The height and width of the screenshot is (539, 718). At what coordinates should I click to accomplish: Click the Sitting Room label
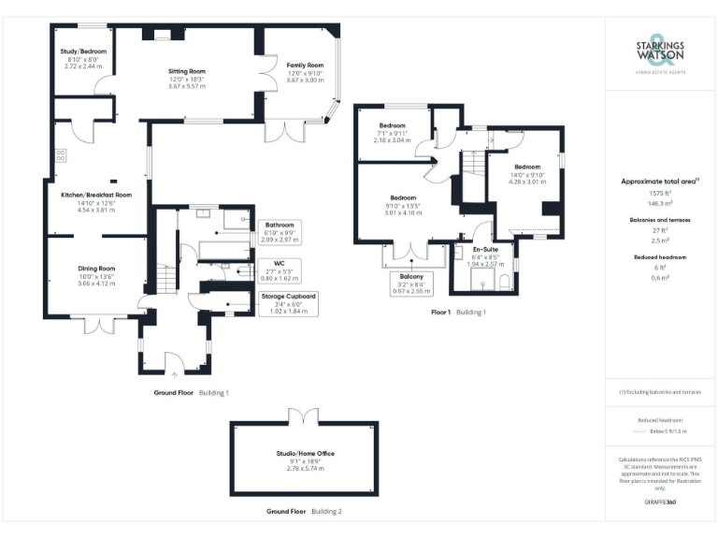tap(187, 71)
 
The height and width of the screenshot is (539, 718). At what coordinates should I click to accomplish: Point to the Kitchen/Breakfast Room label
tap(95, 195)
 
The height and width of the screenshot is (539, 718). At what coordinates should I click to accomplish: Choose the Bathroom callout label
tap(280, 226)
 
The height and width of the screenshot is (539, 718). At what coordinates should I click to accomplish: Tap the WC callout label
tap(280, 263)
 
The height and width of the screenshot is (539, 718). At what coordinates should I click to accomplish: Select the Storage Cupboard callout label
tap(289, 296)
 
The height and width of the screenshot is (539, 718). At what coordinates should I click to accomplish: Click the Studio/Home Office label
tap(305, 453)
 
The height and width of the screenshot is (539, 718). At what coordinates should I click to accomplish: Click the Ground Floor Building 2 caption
tap(304, 512)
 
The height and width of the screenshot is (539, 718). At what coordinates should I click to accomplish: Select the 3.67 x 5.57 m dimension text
tap(187, 85)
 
